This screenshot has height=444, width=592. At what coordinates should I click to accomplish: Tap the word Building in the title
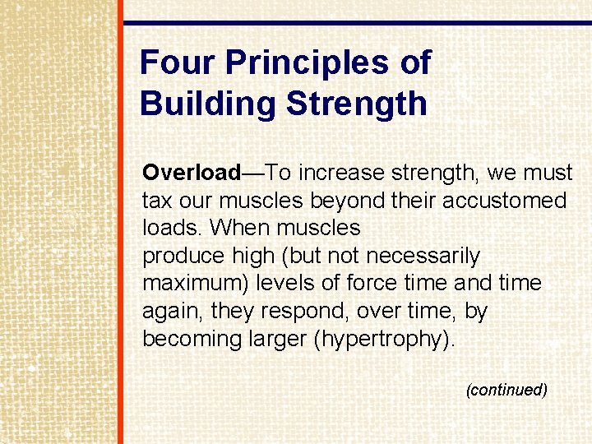[x=206, y=104]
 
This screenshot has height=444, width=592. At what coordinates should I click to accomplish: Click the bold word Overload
[x=191, y=173]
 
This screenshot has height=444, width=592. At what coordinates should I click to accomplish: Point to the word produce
[x=182, y=256]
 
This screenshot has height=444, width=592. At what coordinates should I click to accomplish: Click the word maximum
[x=196, y=284]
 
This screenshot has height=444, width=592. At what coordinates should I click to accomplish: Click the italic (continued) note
[x=506, y=390]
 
